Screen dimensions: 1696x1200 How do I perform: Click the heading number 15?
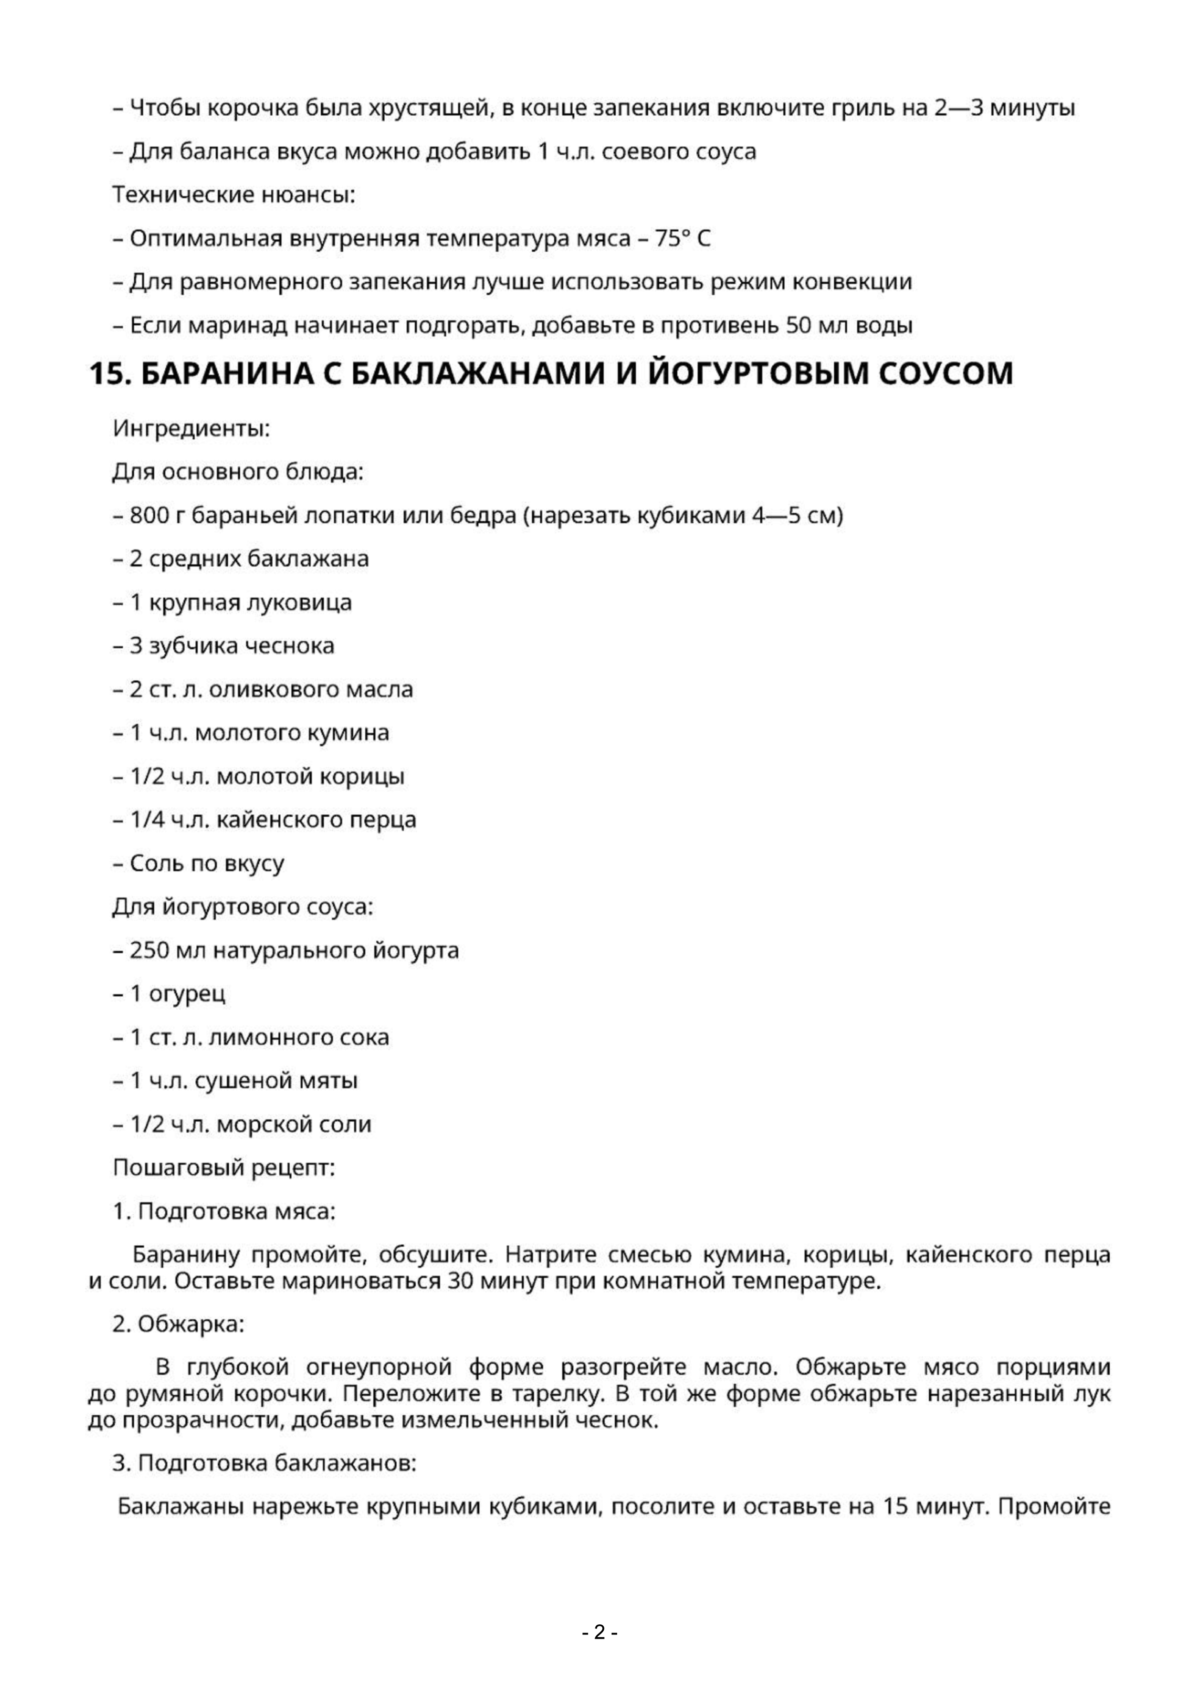[x=109, y=374]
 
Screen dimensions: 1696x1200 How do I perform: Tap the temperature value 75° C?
[x=682, y=239]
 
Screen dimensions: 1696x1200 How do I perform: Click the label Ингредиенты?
[x=191, y=429]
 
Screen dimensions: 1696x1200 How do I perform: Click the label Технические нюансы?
[x=233, y=195]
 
